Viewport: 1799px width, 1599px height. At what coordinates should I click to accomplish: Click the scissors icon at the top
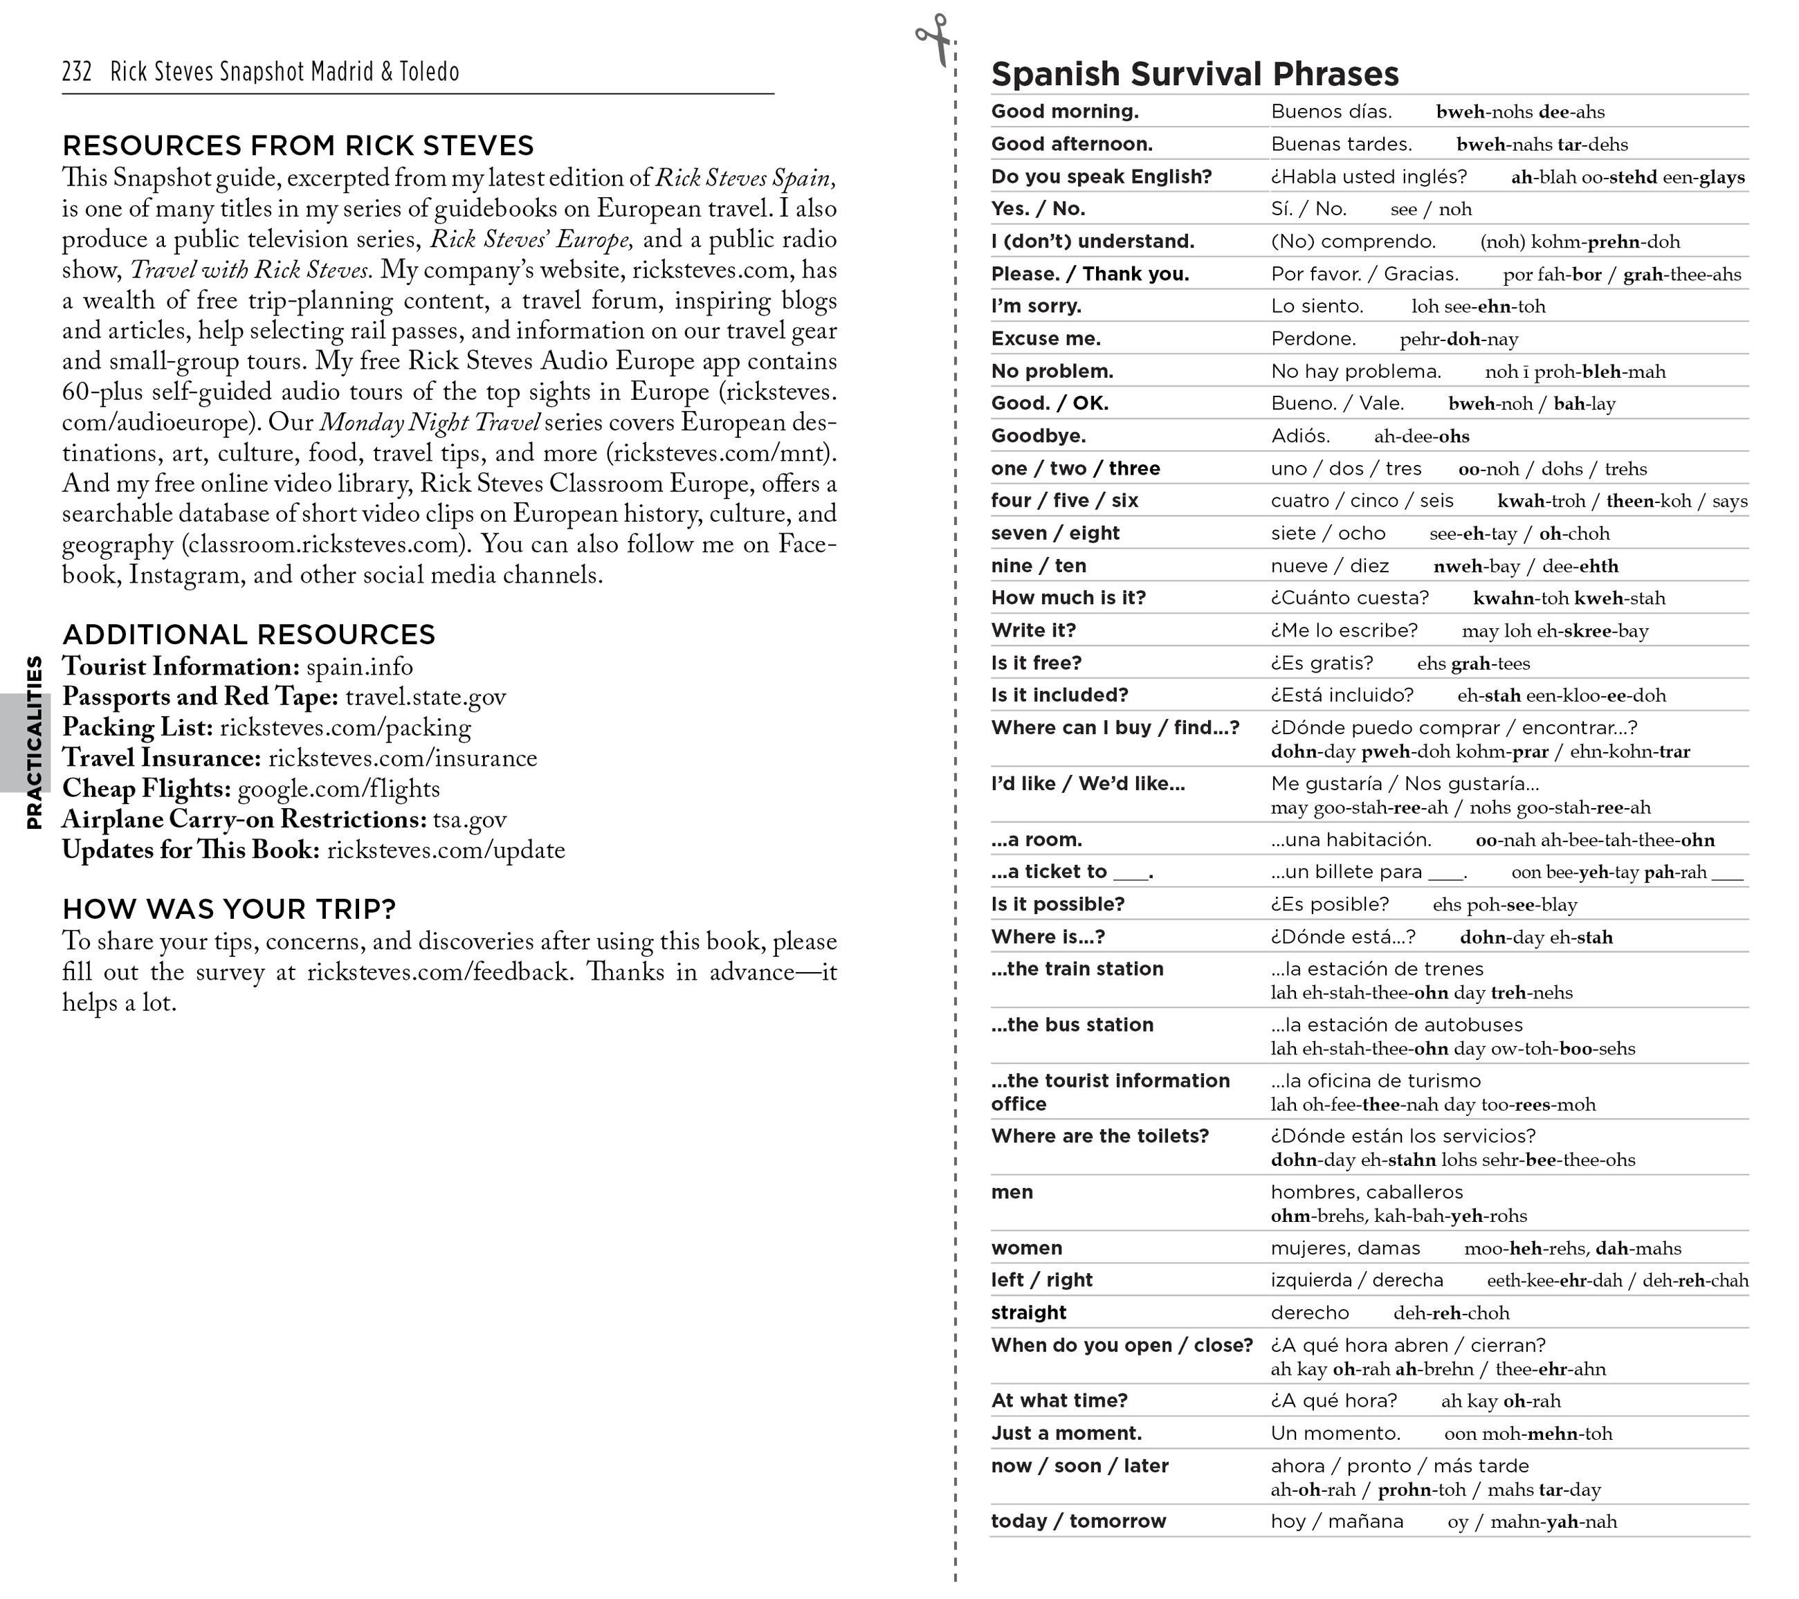point(934,39)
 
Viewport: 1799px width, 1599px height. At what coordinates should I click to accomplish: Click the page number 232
point(77,71)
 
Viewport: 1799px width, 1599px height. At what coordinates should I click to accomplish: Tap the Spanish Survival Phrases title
point(1194,74)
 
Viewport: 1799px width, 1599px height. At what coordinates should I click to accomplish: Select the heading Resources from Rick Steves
point(298,145)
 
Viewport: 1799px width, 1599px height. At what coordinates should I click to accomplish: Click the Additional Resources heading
point(248,634)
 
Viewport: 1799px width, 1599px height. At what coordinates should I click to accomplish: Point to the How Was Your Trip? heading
point(229,908)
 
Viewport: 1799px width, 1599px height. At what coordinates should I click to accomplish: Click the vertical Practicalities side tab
point(33,742)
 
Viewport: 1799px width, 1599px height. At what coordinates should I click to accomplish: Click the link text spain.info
point(359,667)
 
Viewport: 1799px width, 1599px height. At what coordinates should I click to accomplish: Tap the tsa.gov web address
point(469,820)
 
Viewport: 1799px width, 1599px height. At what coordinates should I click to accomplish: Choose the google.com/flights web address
point(338,789)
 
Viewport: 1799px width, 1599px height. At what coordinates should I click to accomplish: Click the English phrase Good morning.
point(1064,112)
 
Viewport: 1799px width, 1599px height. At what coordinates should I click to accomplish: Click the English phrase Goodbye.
point(1038,437)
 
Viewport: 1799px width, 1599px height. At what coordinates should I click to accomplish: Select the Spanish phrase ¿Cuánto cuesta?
point(1349,599)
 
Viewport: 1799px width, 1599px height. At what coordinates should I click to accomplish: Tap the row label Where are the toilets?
point(1099,1136)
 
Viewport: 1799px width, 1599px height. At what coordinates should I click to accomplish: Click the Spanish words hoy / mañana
point(1336,1522)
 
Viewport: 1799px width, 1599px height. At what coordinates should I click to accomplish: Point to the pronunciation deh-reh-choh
point(1450,1314)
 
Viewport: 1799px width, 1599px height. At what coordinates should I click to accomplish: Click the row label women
point(1026,1249)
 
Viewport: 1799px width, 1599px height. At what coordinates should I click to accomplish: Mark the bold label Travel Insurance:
point(161,758)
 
